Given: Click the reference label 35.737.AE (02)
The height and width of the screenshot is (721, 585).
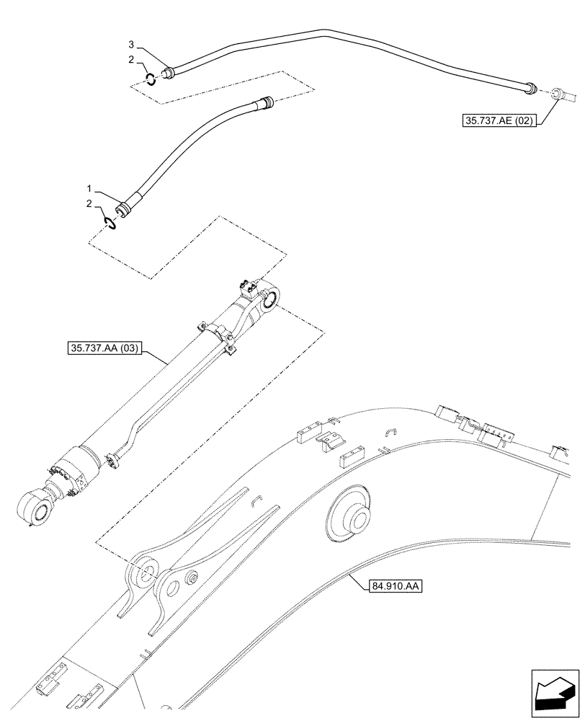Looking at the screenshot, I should click(x=498, y=122).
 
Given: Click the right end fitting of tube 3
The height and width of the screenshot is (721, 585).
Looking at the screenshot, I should click(x=530, y=88).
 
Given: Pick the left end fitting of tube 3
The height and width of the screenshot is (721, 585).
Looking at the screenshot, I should click(x=170, y=72).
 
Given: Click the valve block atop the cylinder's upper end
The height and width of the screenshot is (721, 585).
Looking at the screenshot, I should click(x=249, y=288).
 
